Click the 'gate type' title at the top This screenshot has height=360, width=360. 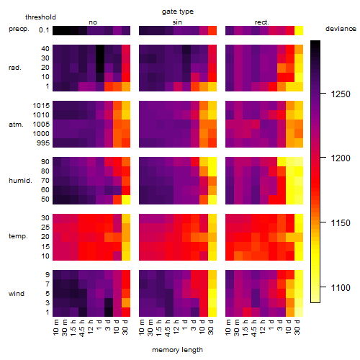tap(178, 12)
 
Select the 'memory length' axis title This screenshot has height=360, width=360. tap(177, 350)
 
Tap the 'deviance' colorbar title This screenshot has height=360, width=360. tap(341, 29)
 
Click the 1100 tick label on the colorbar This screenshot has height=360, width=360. tap(341, 287)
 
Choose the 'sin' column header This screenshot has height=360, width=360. tap(177, 22)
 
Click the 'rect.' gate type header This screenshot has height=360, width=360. tap(261, 22)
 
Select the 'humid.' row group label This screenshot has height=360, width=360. tap(20, 180)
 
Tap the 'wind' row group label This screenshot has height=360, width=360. tap(17, 294)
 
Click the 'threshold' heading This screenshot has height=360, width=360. tap(40, 17)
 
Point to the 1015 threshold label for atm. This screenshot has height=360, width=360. tap(41, 105)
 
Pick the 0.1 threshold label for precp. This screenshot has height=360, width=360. tap(44, 30)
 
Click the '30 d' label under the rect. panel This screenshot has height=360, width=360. tap(297, 327)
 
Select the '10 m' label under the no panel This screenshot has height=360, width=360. tap(55, 327)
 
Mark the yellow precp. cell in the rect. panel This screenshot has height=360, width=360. tap(299, 30)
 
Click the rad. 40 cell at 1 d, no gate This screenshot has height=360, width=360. tap(100, 49)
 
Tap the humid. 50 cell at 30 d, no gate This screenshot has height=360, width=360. tap(126, 199)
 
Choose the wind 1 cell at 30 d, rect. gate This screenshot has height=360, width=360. tap(299, 312)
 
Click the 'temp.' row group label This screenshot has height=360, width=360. tap(18, 236)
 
